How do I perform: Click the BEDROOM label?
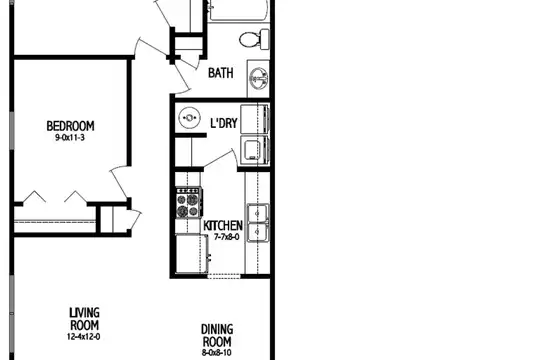click(x=70, y=126)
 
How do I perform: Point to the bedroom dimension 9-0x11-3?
click(x=70, y=138)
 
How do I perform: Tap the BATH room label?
click(x=221, y=73)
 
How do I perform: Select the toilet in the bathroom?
click(x=254, y=39)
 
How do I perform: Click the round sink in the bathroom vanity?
click(x=259, y=78)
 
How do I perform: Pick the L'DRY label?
click(x=224, y=123)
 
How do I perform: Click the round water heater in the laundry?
click(x=189, y=118)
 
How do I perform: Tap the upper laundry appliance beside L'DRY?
click(x=255, y=119)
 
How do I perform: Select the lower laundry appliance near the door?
click(x=255, y=151)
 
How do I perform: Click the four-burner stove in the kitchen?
click(x=189, y=203)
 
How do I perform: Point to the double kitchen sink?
click(x=258, y=223)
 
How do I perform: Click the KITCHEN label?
click(x=223, y=226)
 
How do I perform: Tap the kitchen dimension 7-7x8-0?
click(x=227, y=237)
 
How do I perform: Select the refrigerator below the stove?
click(x=191, y=254)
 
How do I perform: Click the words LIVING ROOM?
click(x=85, y=319)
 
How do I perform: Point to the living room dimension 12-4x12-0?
click(x=84, y=337)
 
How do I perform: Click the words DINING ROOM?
click(x=217, y=335)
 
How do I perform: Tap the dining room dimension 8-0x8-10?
click(x=217, y=353)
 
